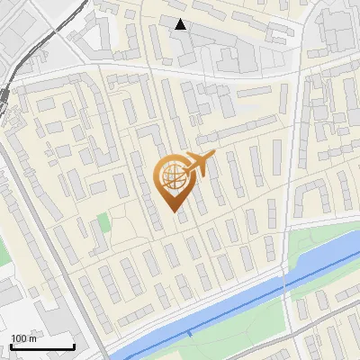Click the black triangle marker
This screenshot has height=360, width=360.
pyautogui.click(x=181, y=24)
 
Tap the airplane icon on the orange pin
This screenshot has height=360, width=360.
pyautogui.click(x=199, y=163)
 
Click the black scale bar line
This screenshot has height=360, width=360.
pyautogui.click(x=42, y=347)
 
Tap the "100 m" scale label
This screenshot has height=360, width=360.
pyautogui.click(x=24, y=338)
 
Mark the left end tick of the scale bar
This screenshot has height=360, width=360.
pyautogui.click(x=11, y=346)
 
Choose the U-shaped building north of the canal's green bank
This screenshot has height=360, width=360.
pyautogui.click(x=310, y=194)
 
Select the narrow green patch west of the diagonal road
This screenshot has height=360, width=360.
pyautogui.click(x=4, y=252)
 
